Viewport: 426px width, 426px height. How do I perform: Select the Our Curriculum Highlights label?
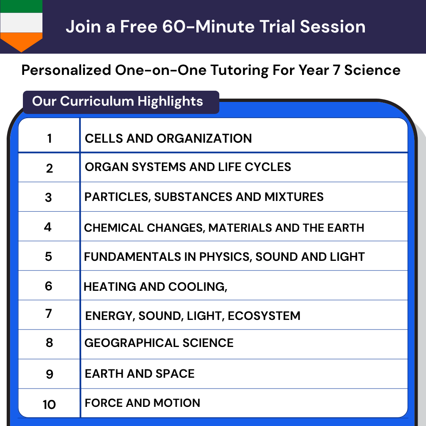[118, 102]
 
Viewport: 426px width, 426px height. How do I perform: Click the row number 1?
[50, 138]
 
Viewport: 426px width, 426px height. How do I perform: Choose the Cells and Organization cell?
[168, 138]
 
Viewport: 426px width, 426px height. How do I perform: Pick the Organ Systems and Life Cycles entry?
[188, 167]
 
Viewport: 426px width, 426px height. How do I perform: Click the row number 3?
[49, 197]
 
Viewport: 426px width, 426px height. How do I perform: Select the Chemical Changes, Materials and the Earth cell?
[224, 228]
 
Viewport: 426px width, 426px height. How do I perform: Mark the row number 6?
[49, 286]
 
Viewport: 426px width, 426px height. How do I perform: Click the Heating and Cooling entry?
[155, 287]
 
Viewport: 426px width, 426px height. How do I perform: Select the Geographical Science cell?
[159, 343]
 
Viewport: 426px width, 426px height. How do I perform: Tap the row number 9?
[49, 374]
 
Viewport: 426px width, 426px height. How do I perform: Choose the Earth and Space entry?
[139, 374]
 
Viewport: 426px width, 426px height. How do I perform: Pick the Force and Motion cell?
[142, 403]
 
